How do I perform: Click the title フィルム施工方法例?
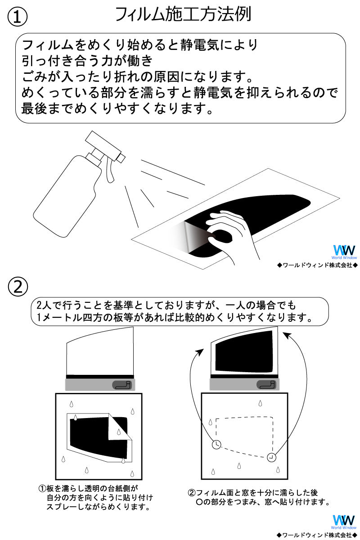click(x=183, y=14)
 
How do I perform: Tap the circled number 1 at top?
click(x=18, y=17)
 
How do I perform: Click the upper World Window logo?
click(x=344, y=252)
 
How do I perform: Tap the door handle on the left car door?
click(x=122, y=384)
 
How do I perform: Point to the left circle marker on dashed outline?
click(x=217, y=445)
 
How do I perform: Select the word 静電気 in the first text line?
click(x=200, y=45)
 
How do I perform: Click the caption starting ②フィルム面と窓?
click(x=259, y=497)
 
